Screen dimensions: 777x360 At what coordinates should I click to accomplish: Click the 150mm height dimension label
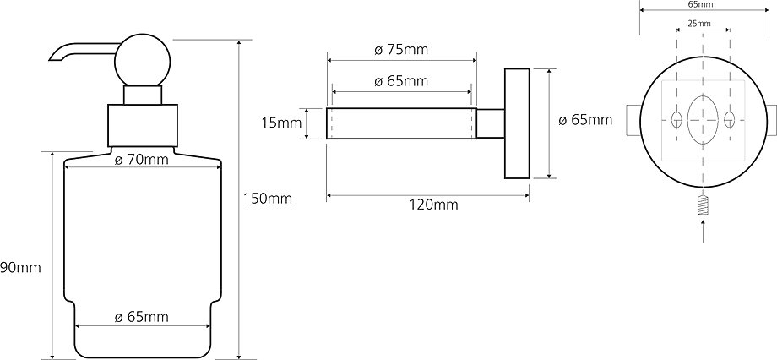pyautogui.click(x=268, y=199)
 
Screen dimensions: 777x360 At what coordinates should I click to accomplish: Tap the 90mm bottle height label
pyautogui.click(x=20, y=268)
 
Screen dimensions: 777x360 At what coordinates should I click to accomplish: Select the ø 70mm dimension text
pyautogui.click(x=141, y=160)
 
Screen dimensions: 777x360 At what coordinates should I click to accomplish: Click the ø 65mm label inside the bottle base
pyautogui.click(x=141, y=317)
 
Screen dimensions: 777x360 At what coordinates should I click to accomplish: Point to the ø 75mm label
pyautogui.click(x=401, y=50)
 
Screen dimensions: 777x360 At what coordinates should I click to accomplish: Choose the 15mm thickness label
pyautogui.click(x=281, y=123)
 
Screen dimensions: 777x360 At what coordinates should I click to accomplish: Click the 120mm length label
pyautogui.click(x=434, y=204)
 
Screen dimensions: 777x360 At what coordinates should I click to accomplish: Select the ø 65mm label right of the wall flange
pyautogui.click(x=585, y=120)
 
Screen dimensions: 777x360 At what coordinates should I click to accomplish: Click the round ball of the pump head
pyautogui.click(x=142, y=62)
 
